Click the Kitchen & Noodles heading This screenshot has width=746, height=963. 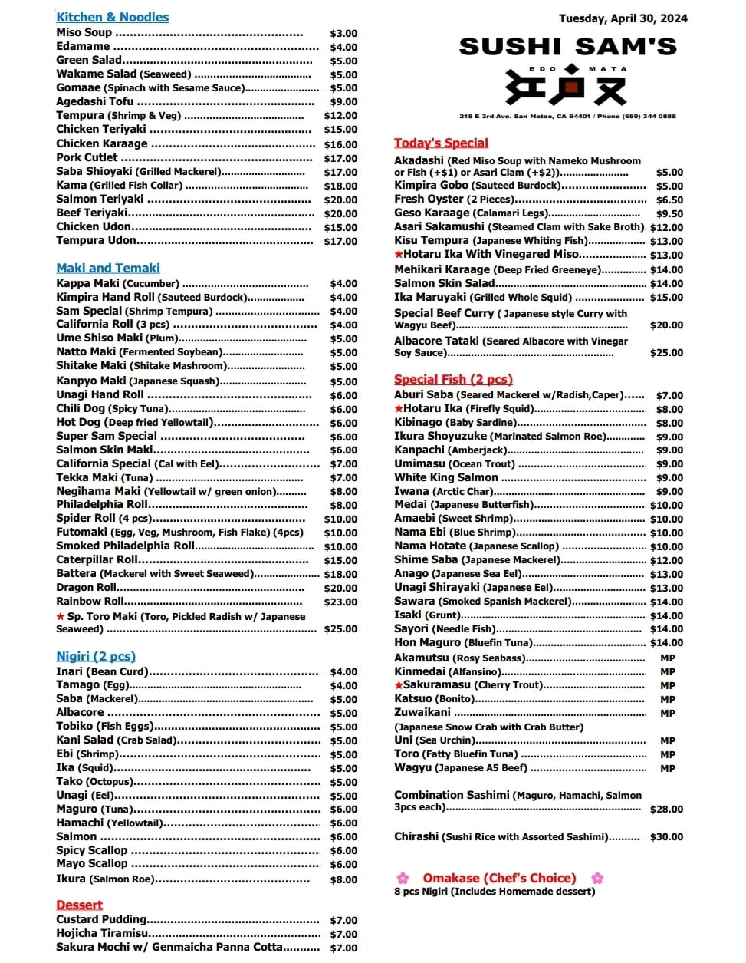pyautogui.click(x=112, y=17)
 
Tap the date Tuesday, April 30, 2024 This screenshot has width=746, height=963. pyautogui.click(x=623, y=18)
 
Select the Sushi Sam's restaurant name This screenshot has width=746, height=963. pyautogui.click(x=567, y=48)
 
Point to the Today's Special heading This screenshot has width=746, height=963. pyautogui.click(x=441, y=143)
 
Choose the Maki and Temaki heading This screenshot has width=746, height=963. pyautogui.click(x=108, y=268)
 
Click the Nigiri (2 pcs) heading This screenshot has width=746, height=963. pyautogui.click(x=96, y=656)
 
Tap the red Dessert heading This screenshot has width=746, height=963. pyautogui.click(x=79, y=905)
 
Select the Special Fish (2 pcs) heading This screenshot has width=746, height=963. pyautogui.click(x=453, y=379)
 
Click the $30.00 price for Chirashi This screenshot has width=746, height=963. pyautogui.click(x=666, y=837)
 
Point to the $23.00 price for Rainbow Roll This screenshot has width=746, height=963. pyautogui.click(x=340, y=602)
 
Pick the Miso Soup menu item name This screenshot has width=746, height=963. pyautogui.click(x=84, y=32)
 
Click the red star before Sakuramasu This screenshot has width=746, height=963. pyautogui.click(x=399, y=684)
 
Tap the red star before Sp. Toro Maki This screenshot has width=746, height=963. pyautogui.click(x=61, y=617)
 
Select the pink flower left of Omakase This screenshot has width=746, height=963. pyautogui.click(x=403, y=878)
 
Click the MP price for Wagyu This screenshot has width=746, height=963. pyautogui.click(x=668, y=768)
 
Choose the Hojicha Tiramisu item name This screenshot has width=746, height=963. pyautogui.click(x=102, y=933)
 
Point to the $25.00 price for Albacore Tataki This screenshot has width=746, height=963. pyautogui.click(x=666, y=353)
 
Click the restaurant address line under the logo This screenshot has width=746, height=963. pyautogui.click(x=567, y=117)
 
